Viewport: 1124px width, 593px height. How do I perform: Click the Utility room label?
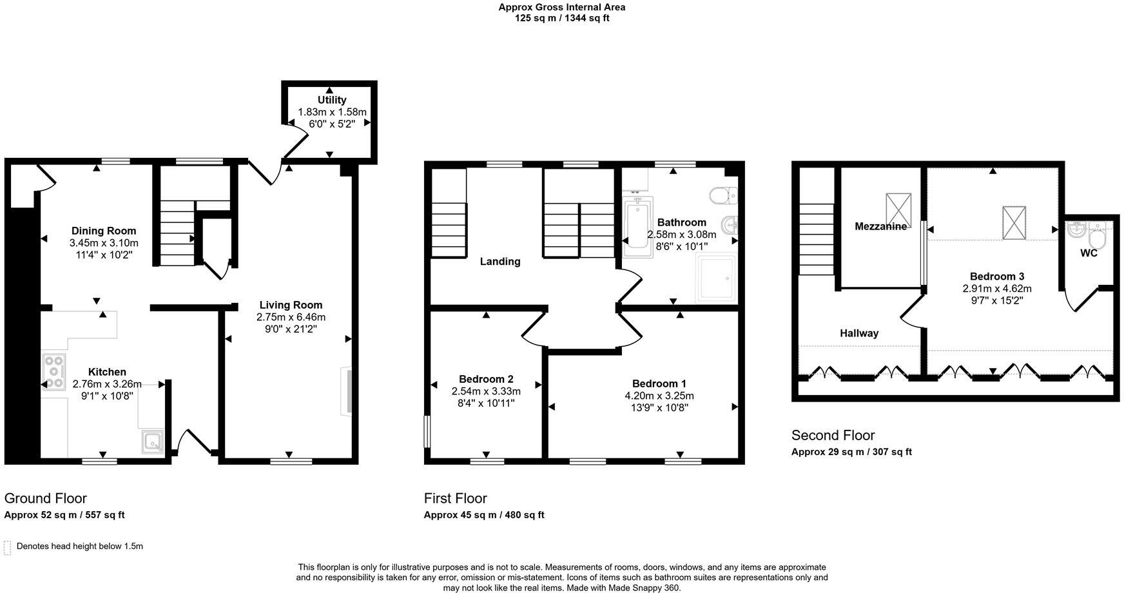click(x=331, y=100)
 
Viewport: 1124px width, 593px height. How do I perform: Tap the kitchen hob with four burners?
click(x=54, y=372)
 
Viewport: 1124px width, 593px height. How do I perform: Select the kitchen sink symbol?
click(x=153, y=442)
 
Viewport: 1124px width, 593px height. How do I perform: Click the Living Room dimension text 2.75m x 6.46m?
click(x=290, y=317)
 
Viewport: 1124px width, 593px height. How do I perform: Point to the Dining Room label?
click(x=104, y=231)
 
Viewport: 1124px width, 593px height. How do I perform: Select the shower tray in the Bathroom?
click(x=715, y=278)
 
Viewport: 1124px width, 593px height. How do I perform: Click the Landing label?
click(x=500, y=262)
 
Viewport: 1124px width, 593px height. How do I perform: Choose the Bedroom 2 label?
click(x=486, y=379)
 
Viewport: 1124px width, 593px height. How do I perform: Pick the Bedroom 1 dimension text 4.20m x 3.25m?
click(x=659, y=396)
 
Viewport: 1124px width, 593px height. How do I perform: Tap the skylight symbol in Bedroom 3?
click(x=1014, y=223)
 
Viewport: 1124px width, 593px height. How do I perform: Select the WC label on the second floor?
click(x=1089, y=253)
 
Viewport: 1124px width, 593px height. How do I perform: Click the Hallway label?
click(x=859, y=333)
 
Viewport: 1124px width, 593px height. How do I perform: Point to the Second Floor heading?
click(x=833, y=435)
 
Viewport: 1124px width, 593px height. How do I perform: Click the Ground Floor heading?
click(x=45, y=498)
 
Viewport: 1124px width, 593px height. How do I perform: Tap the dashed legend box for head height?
click(x=7, y=547)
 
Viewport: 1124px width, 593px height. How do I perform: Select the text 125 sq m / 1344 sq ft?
click(x=561, y=18)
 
